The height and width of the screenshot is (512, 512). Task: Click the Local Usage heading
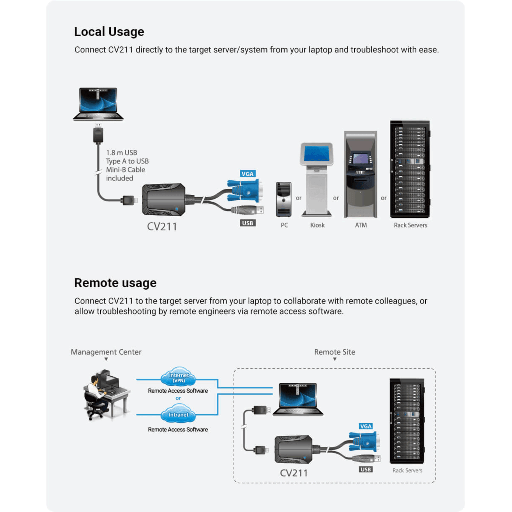tap(109, 32)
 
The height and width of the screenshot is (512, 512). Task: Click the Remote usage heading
tap(115, 283)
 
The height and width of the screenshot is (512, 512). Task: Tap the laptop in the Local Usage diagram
tap(98, 104)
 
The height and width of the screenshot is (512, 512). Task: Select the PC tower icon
tap(284, 199)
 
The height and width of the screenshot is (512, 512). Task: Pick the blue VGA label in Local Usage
tap(248, 174)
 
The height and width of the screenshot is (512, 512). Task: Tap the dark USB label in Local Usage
tap(248, 223)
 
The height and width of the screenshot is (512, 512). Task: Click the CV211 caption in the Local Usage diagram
tap(162, 226)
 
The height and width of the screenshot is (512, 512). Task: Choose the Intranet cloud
tap(178, 415)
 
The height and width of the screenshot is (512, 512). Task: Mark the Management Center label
tap(106, 352)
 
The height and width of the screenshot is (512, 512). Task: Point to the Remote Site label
tap(335, 352)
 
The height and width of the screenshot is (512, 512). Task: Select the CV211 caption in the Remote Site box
tap(293, 473)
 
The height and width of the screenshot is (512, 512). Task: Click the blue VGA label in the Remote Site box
tap(366, 426)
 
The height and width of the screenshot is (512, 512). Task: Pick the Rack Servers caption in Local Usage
tap(410, 225)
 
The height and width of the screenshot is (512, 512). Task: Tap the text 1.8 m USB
tap(121, 153)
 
